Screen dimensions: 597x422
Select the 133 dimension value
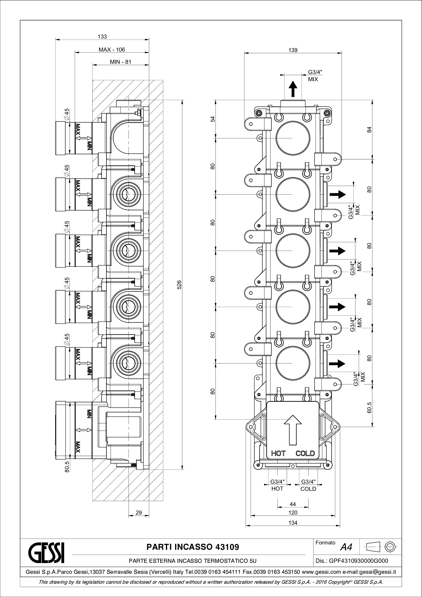102,37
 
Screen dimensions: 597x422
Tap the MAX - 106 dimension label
112,50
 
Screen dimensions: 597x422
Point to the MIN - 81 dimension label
121,62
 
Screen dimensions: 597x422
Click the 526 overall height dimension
179,285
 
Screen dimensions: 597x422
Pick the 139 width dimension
293,50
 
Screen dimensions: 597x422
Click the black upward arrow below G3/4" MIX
293,88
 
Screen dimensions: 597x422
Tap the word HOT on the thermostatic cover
278,454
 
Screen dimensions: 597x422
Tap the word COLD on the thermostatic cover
305,454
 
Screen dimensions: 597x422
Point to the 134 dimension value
293,523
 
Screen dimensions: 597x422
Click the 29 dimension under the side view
139,513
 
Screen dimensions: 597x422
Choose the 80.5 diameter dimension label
67,467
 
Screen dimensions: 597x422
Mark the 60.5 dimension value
369,407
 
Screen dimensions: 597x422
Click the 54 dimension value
213,119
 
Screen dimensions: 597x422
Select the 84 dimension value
369,129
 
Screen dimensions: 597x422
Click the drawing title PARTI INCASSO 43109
193,547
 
